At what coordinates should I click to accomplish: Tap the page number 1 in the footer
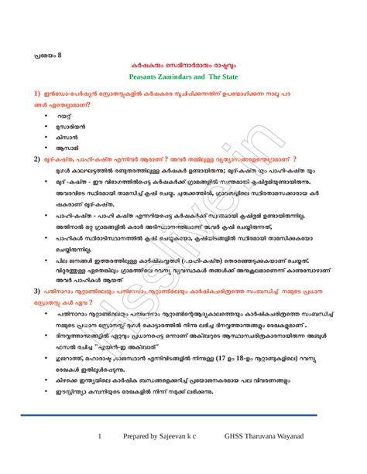pyautogui.click(x=100, y=437)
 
